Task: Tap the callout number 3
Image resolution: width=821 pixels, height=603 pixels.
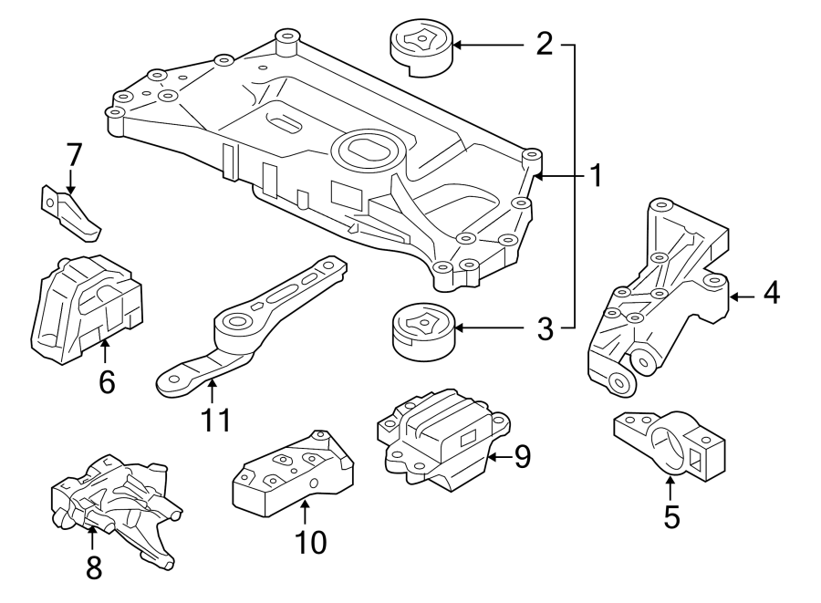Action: [545, 328]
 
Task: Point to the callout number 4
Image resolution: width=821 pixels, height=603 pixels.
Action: [772, 295]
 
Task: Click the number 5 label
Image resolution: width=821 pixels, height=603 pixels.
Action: [671, 517]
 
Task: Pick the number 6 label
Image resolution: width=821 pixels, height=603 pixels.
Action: [107, 381]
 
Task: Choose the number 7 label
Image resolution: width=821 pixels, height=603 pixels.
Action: [73, 155]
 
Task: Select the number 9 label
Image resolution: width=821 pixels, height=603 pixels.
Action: [522, 456]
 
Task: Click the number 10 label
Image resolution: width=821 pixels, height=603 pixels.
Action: [310, 543]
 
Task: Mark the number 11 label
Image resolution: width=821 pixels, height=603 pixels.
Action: [216, 420]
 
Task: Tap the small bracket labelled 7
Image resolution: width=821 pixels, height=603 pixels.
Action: [70, 212]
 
